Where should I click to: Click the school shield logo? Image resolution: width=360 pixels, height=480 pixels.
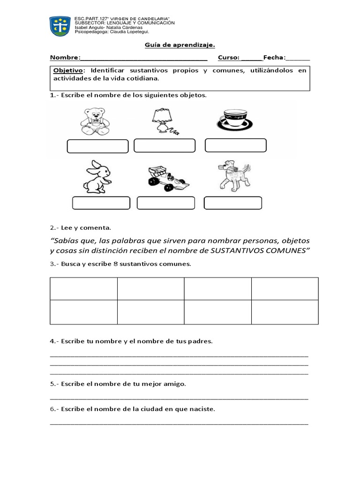pos(60,27)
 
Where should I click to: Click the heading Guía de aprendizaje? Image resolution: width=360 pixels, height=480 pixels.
pos(179,45)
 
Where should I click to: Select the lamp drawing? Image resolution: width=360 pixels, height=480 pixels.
pos(163,121)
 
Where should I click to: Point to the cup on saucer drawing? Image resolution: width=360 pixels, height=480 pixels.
pos(235,120)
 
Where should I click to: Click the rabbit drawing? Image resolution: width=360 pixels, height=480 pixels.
pos(97,177)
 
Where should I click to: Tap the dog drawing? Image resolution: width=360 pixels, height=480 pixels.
pos(233,176)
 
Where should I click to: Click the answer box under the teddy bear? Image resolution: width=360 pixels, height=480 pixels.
pos(97,146)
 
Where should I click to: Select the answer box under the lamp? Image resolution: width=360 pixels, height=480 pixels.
pos(164,146)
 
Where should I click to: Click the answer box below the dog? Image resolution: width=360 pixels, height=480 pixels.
pos(233,203)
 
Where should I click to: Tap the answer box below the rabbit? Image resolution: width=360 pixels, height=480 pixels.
pos(101,203)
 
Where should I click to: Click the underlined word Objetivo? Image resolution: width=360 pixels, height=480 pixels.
pos(68,70)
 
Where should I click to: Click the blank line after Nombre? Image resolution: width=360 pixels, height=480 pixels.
pos(144,58)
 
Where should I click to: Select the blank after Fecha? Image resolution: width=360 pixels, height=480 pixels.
pos(298,58)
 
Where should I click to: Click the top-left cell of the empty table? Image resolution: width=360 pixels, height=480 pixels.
pos(83,288)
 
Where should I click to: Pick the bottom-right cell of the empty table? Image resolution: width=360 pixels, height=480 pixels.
pos(285,312)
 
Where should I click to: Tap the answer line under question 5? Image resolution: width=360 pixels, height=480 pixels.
pos(179,397)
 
